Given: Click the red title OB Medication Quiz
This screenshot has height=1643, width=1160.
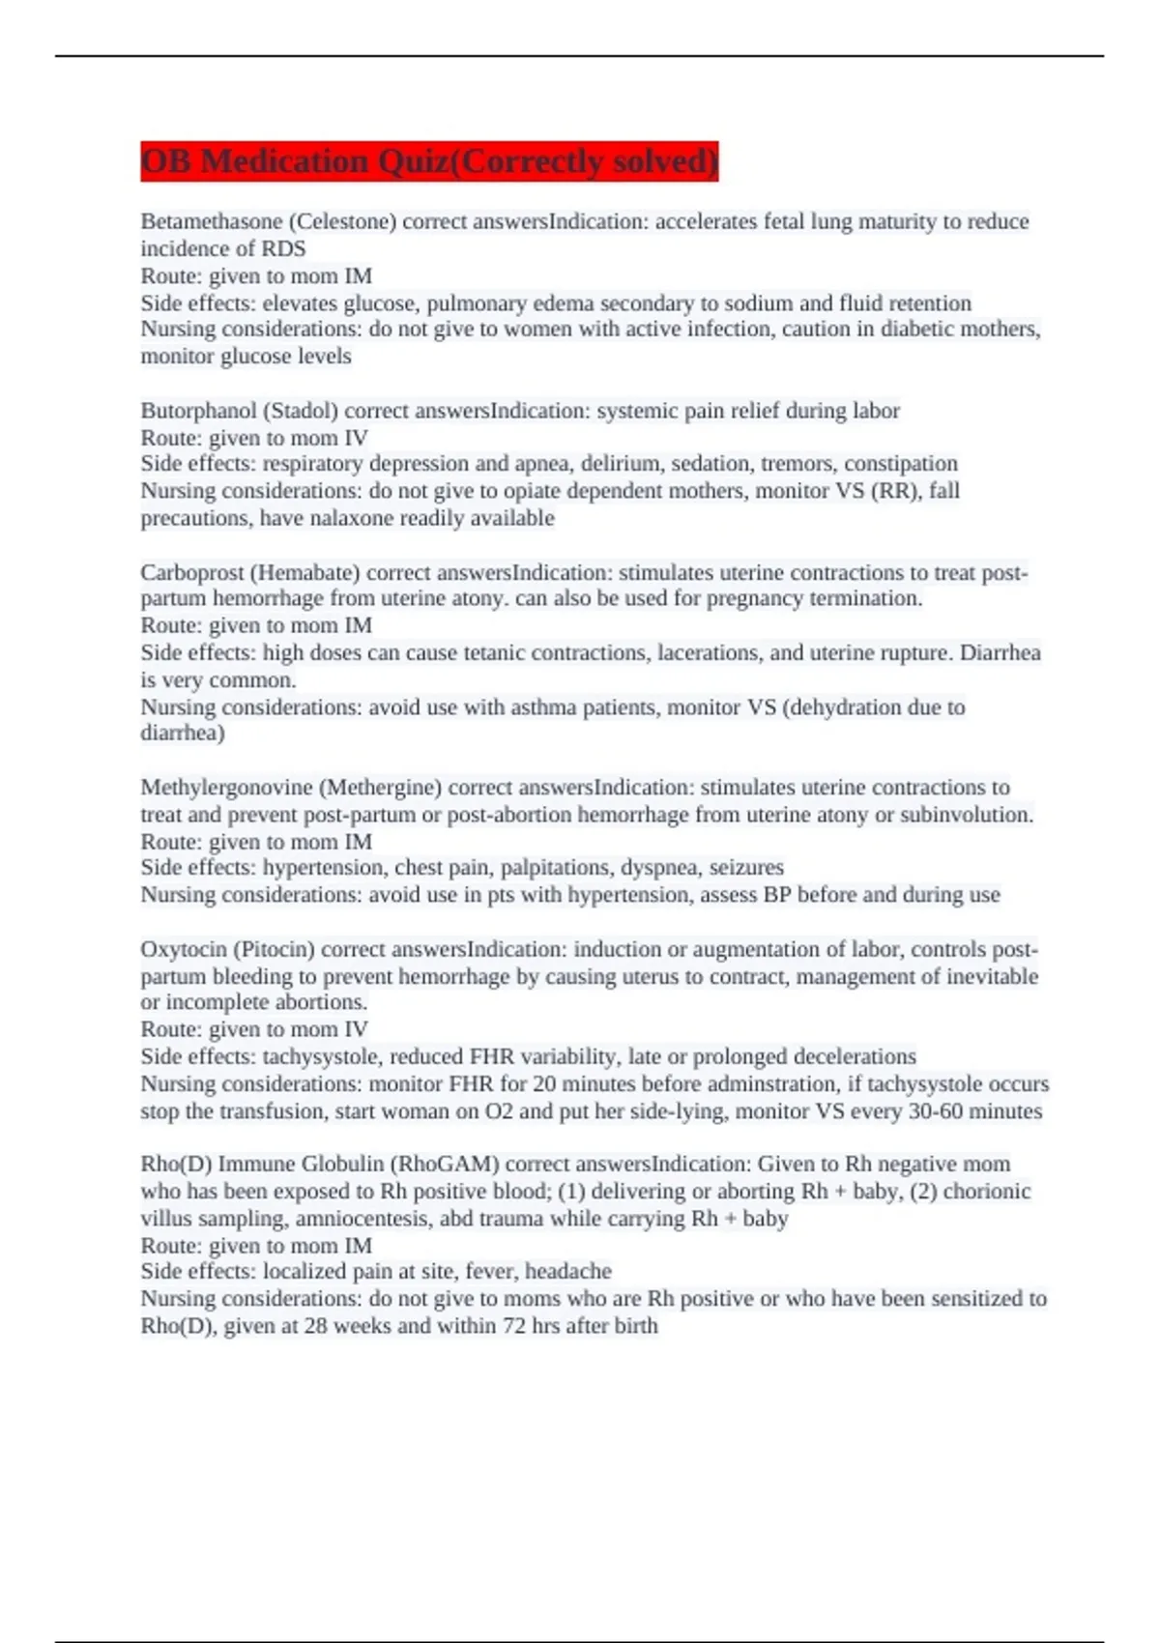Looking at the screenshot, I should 428,161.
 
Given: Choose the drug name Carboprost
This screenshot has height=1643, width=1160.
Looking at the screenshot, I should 192,572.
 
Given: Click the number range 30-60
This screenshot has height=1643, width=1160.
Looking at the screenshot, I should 935,1111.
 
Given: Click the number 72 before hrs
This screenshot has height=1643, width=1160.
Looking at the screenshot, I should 513,1326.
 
